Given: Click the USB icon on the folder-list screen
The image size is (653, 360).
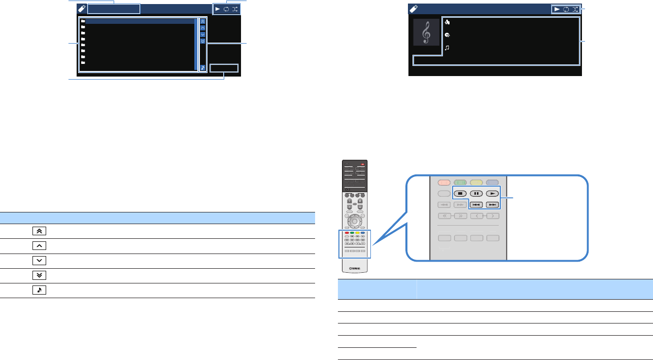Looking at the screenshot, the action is (x=82, y=9).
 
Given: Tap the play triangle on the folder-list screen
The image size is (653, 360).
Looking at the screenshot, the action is (x=218, y=9).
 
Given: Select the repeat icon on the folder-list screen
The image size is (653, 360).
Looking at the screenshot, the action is (x=226, y=9).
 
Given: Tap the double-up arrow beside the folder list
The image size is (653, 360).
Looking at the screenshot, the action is (x=203, y=22).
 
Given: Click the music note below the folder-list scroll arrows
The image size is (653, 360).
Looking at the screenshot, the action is (x=203, y=67).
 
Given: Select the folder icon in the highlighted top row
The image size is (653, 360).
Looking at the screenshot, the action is (x=83, y=22).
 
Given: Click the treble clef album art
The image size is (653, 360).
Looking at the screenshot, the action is (x=426, y=32).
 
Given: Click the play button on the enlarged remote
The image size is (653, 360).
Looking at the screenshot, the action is (x=493, y=193).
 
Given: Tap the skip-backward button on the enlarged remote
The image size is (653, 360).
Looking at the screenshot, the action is (x=476, y=205).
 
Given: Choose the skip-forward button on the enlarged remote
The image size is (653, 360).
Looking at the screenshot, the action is (x=493, y=205).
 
